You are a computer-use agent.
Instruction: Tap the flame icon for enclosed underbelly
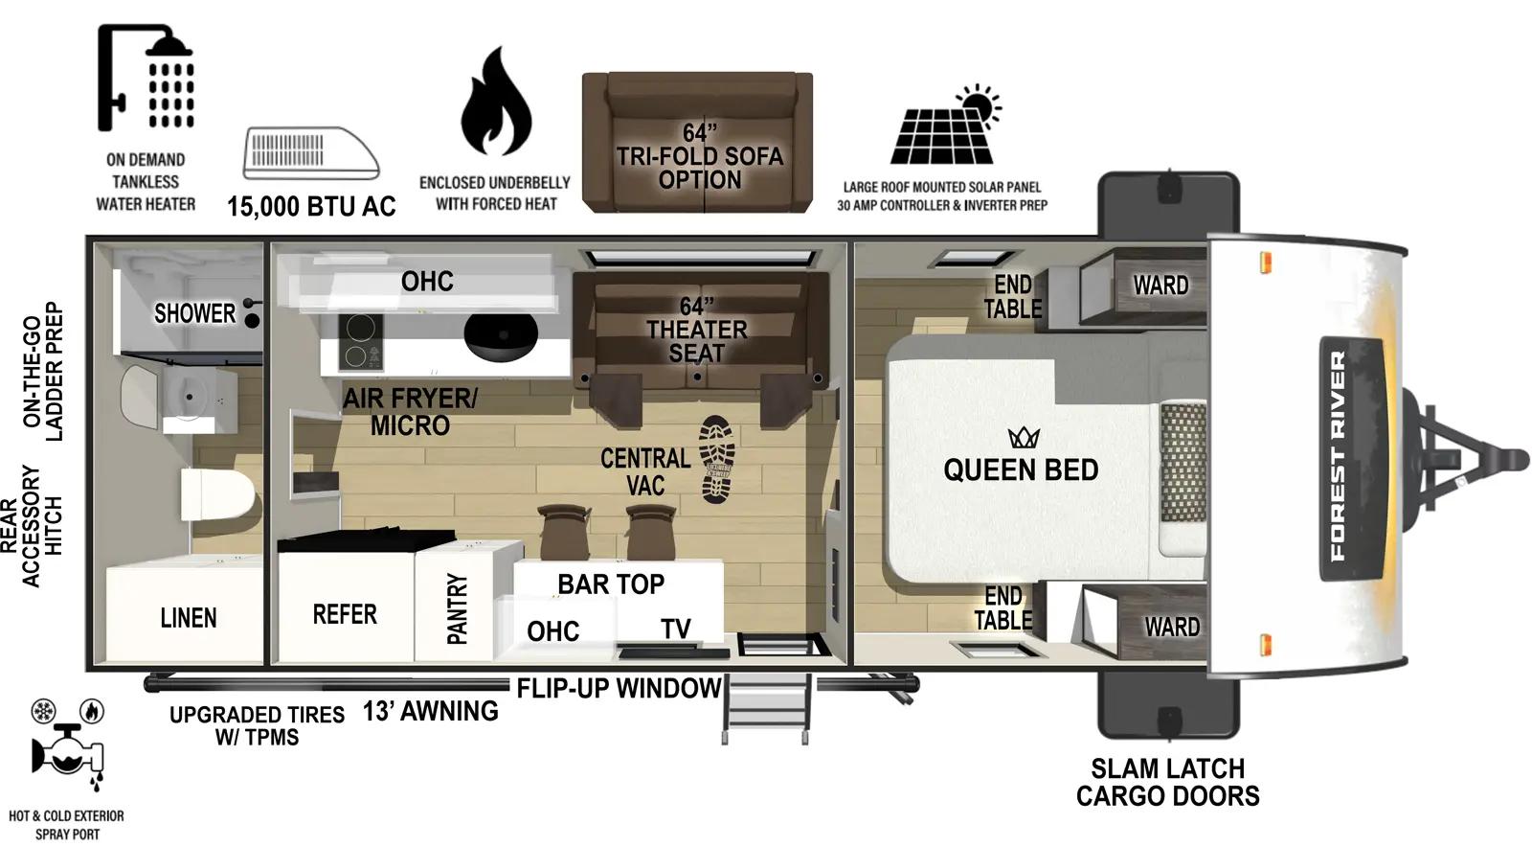[x=495, y=103]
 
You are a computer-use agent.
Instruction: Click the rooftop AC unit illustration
[x=310, y=153]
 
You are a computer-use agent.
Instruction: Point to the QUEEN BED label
[x=1021, y=469]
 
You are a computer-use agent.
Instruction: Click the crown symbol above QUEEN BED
[x=1024, y=438]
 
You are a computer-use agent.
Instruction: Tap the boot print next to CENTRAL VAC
[x=716, y=459]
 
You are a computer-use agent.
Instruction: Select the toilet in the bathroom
[x=218, y=495]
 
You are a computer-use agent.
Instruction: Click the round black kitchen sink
[x=500, y=332]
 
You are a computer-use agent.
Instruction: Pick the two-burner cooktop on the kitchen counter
[x=361, y=342]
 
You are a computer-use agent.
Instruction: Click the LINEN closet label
[x=188, y=618]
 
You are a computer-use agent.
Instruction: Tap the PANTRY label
[x=457, y=608]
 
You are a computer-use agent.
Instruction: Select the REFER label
[x=345, y=614]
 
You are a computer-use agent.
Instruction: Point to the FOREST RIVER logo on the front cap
[x=1339, y=456]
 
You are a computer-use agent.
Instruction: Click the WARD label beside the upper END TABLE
[x=1160, y=285]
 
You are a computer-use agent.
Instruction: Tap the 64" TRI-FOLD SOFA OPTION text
[x=699, y=156]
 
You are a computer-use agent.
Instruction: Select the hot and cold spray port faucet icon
[x=66, y=753]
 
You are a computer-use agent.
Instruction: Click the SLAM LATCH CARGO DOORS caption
[x=1167, y=782]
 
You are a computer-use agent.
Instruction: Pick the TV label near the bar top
[x=675, y=629]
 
